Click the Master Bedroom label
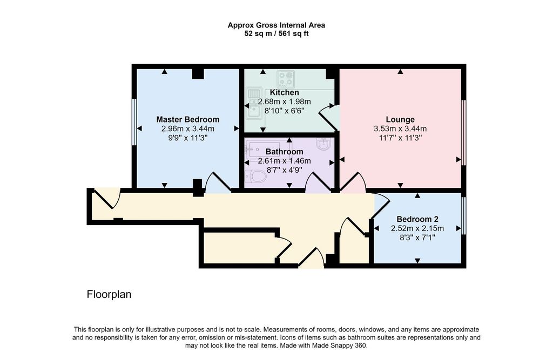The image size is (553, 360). tap(187, 119)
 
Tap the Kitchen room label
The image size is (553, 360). tap(284, 93)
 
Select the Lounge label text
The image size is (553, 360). tap(400, 119)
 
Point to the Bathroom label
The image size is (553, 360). tap(284, 152)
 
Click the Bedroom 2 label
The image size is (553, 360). tap(417, 219)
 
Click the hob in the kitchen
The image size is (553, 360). tap(286, 79)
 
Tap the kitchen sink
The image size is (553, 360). tap(254, 103)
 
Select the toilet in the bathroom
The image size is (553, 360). tap(256, 176)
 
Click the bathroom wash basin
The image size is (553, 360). tap(324, 144)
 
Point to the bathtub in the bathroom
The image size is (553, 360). tap(263, 150)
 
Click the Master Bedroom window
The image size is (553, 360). tap(134, 121)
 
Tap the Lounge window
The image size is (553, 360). tap(464, 133)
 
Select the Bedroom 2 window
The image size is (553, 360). tap(464, 215)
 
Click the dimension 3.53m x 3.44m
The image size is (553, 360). tap(400, 128)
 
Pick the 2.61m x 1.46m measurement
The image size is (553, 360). tap(284, 161)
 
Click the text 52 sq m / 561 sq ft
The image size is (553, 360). tap(276, 34)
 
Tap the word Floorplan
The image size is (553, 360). tap(109, 294)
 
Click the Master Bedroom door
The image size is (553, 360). tap(218, 182)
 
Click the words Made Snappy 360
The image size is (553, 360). tap(339, 345)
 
